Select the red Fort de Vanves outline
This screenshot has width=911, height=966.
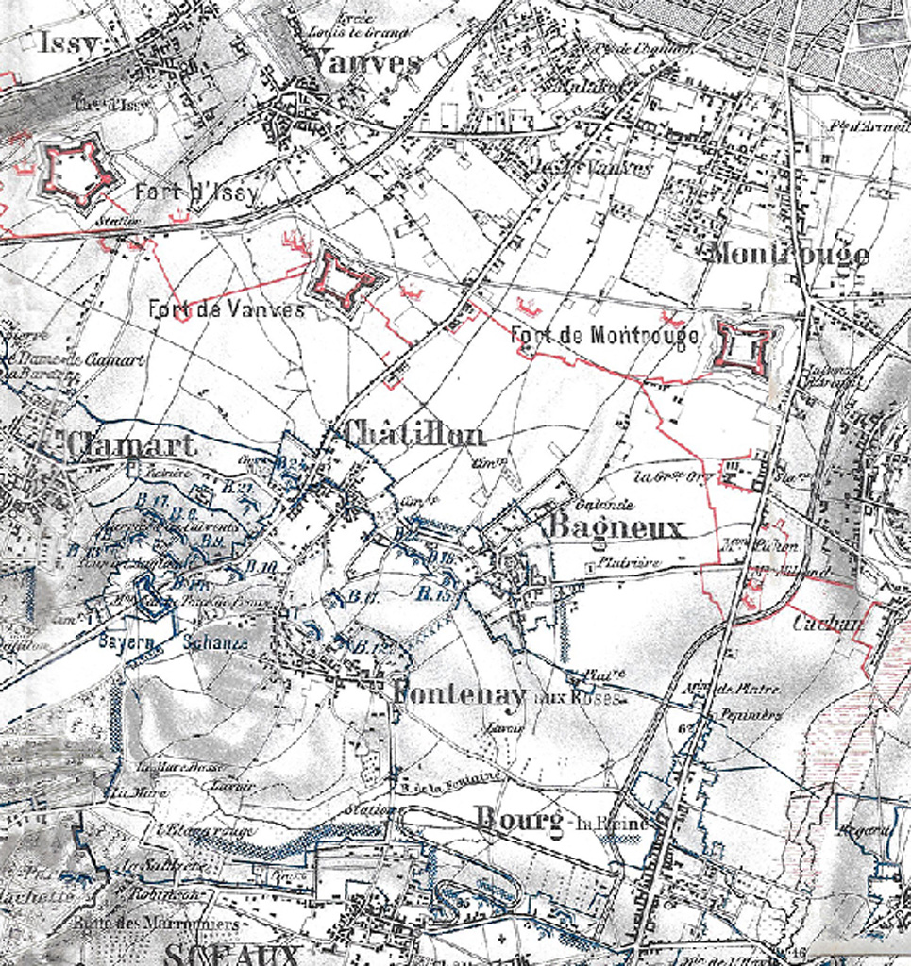click(343, 277)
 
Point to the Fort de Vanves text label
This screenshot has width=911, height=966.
click(227, 309)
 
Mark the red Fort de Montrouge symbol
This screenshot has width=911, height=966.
click(745, 347)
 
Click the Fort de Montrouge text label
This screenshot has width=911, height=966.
click(604, 335)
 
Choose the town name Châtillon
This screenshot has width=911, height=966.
click(414, 434)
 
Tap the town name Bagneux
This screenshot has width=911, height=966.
click(615, 528)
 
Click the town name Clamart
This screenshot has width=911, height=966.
click(132, 444)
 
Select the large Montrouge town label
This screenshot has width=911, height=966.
click(788, 254)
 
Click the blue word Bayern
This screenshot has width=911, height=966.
click(126, 642)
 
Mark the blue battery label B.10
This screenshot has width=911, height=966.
click(262, 567)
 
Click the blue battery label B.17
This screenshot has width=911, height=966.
click(151, 499)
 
